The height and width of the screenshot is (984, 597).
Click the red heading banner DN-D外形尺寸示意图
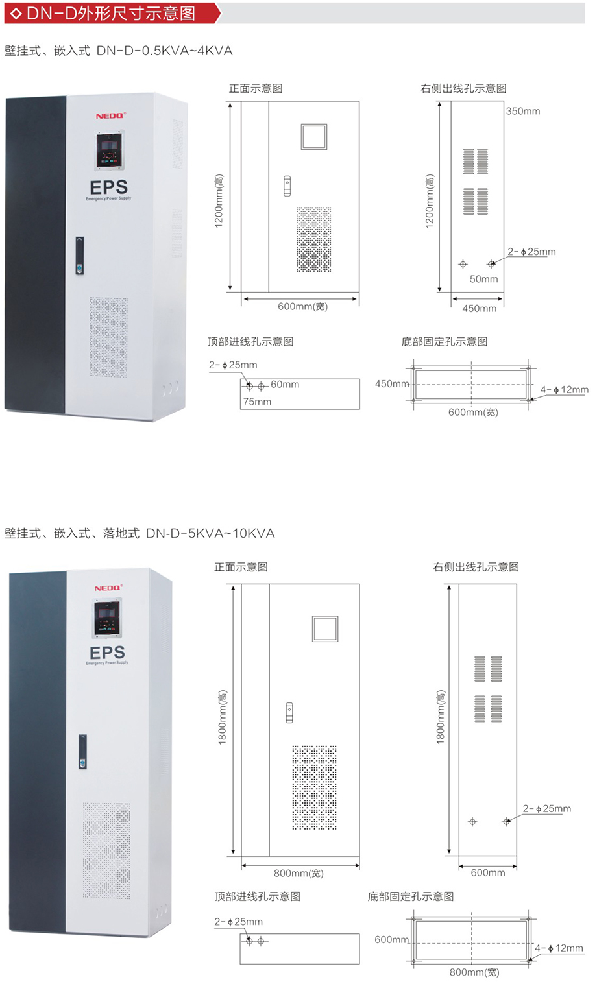pyautogui.click(x=111, y=13)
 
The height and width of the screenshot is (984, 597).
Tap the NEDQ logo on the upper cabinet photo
pyautogui.click(x=110, y=116)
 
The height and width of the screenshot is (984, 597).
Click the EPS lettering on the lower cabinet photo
pyautogui.click(x=108, y=652)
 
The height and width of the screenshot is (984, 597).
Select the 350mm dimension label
pyautogui.click(x=523, y=111)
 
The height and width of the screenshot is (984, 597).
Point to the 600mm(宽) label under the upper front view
pyautogui.click(x=302, y=306)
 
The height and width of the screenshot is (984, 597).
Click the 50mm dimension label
pyautogui.click(x=483, y=279)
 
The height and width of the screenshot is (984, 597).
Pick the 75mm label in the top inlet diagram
pyautogui.click(x=257, y=402)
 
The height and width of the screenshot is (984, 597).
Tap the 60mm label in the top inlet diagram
pyautogui.click(x=285, y=384)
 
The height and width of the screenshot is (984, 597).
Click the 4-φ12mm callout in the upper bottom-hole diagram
pyautogui.click(x=564, y=389)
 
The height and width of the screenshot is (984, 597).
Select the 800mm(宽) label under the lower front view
pyautogui.click(x=298, y=873)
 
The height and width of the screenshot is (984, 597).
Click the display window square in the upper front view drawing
pyautogui.click(x=313, y=137)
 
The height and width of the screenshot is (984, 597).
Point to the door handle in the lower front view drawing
pyautogui.click(x=289, y=712)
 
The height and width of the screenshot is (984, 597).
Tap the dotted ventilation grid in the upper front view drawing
pyautogui.click(x=314, y=239)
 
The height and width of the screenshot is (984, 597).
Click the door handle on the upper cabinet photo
pyautogui.click(x=79, y=256)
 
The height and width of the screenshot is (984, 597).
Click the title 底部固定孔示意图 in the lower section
pyautogui.click(x=411, y=896)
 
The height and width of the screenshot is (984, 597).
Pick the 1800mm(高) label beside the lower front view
pyautogui.click(x=223, y=717)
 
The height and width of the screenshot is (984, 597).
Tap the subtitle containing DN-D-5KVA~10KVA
pyautogui.click(x=140, y=533)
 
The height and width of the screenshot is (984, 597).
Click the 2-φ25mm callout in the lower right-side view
pyautogui.click(x=547, y=809)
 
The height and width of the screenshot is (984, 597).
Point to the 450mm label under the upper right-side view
pyautogui.click(x=479, y=308)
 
